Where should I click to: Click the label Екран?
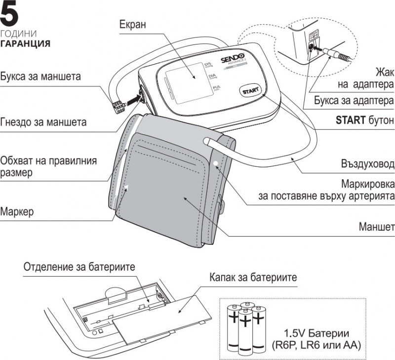[x=132, y=24]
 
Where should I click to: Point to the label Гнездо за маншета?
[x=43, y=121]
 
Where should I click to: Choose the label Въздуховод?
[x=367, y=163]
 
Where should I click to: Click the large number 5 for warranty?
[x=11, y=15]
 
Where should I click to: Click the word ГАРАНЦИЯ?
[x=25, y=43]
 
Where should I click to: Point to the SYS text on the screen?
[x=207, y=64]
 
